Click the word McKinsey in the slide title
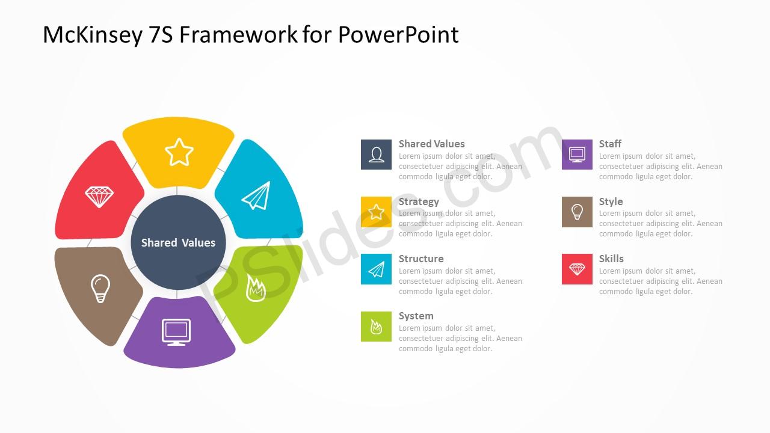pyautogui.click(x=92, y=35)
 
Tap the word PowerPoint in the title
pyautogui.click(x=398, y=35)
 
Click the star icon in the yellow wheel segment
pyautogui.click(x=179, y=152)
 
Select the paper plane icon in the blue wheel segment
pyautogui.click(x=256, y=195)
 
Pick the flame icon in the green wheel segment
pyautogui.click(x=256, y=288)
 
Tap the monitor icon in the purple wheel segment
pyautogui.click(x=176, y=333)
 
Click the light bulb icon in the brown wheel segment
pyautogui.click(x=100, y=288)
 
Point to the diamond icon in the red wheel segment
pyautogui.click(x=99, y=197)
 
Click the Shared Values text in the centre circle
pyautogui.click(x=178, y=242)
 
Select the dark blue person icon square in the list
pyautogui.click(x=376, y=155)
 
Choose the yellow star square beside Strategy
pyautogui.click(x=376, y=212)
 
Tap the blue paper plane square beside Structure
pyautogui.click(x=376, y=269)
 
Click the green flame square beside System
pyautogui.click(x=376, y=327)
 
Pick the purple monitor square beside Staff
pyautogui.click(x=577, y=155)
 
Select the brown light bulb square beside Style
pyautogui.click(x=577, y=212)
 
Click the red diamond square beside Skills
pyautogui.click(x=577, y=269)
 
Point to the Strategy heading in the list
pyautogui.click(x=419, y=201)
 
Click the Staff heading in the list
pyautogui.click(x=610, y=144)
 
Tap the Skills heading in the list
pyautogui.click(x=611, y=259)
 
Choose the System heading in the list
pyautogui.click(x=416, y=316)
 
